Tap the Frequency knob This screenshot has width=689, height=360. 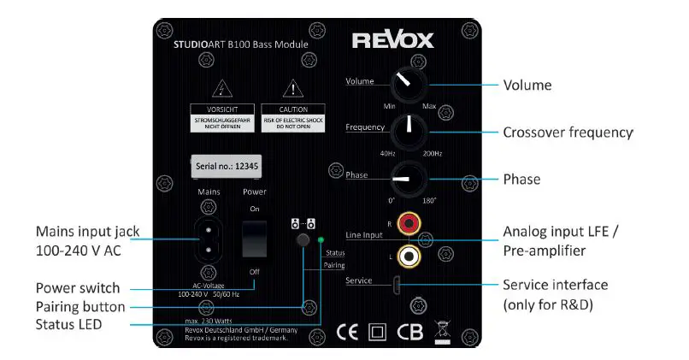coord(409,131)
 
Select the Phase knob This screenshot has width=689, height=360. coord(409,180)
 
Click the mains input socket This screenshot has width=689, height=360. coord(209,239)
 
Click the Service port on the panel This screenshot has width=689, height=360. coord(397,283)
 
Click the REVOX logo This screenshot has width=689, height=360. coord(393,40)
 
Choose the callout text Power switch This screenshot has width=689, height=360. coord(78,287)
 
